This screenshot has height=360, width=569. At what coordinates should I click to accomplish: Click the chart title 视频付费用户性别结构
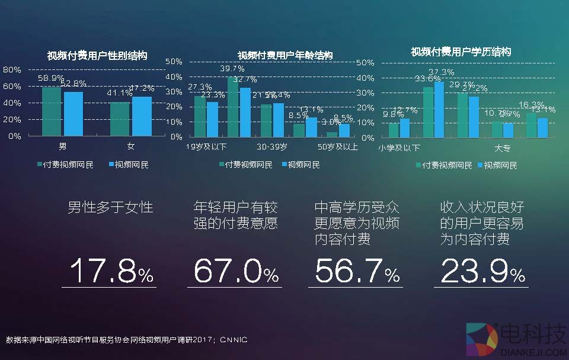97,56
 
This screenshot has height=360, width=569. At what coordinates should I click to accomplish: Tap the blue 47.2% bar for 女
142,116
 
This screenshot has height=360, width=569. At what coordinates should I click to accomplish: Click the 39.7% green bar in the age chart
233,107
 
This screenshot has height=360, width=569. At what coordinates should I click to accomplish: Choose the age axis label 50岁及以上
338,146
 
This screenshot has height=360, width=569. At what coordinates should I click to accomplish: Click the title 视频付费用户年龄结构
285,55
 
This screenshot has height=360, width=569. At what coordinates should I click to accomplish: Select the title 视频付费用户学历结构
461,52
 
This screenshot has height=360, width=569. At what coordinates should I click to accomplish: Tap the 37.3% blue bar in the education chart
439,109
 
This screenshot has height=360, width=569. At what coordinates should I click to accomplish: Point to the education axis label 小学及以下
399,148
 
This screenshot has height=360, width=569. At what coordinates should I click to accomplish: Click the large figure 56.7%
357,272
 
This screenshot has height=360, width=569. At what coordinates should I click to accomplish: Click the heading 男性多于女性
110,208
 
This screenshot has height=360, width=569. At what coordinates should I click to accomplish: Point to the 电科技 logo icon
481,340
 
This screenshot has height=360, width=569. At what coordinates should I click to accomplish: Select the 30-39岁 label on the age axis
273,146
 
